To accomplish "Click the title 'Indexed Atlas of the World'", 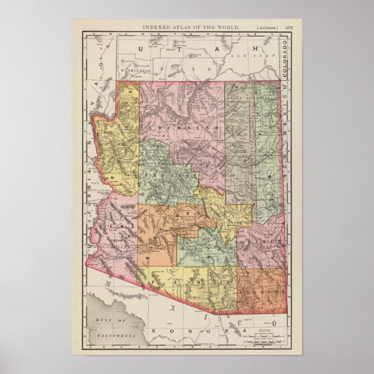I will [187, 26].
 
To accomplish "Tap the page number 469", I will [288, 26].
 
